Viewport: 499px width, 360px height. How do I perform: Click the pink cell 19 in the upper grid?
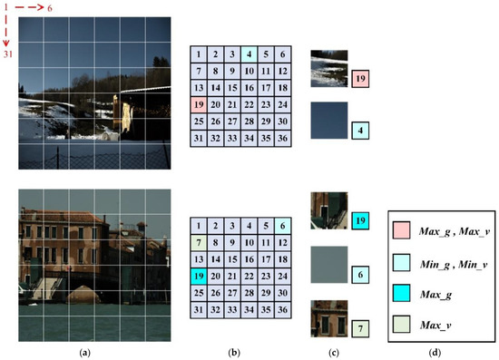point(198,105)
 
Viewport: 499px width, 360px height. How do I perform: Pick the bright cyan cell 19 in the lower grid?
point(198,277)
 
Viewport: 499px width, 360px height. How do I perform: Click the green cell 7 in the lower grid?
point(198,243)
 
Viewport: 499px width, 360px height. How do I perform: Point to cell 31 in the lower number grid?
point(198,311)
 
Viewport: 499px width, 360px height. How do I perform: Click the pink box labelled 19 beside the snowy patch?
point(360,80)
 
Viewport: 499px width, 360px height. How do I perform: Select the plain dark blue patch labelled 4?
point(328,119)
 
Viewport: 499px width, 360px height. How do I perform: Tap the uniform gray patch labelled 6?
point(328,263)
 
